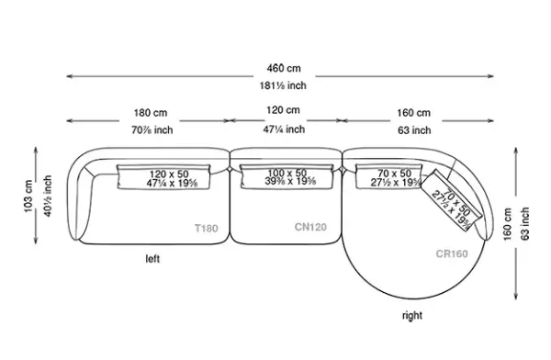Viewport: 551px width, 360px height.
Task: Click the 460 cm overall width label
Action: click(284, 68)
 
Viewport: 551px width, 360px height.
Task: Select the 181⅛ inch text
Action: click(283, 85)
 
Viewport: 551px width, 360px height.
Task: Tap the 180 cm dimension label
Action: click(151, 113)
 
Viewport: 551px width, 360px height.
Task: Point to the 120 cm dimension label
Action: click(283, 110)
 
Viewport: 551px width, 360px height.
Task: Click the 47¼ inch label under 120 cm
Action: click(284, 129)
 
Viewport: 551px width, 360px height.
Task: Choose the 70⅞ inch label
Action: click(152, 130)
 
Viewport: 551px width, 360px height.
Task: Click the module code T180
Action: click(207, 229)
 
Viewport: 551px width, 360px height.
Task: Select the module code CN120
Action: click(310, 227)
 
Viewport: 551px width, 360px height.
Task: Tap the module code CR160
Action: click(452, 253)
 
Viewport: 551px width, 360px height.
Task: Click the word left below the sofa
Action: click(152, 259)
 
